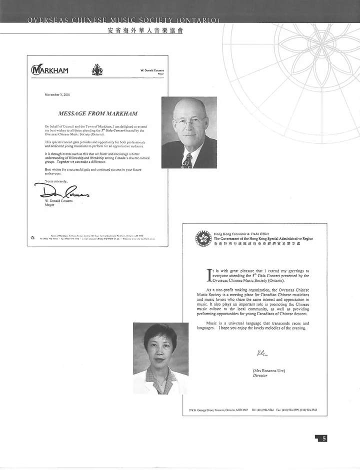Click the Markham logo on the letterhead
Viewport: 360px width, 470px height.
tap(49, 69)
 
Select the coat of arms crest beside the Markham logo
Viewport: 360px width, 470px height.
tap(97, 70)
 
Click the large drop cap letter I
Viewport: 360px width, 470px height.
tap(209, 276)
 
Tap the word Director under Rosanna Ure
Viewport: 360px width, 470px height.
tap(260, 376)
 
